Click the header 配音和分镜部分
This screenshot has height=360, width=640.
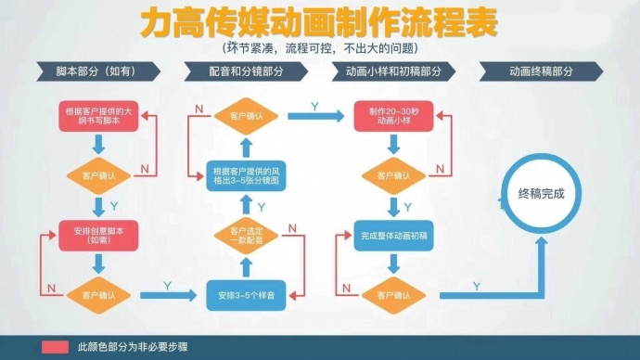(245, 71)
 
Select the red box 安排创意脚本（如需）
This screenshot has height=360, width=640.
(97, 233)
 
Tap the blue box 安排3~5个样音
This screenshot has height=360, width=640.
(246, 295)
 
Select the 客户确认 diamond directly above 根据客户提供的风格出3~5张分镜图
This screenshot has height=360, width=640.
(246, 116)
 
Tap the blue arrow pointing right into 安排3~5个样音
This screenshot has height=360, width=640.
(171, 295)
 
